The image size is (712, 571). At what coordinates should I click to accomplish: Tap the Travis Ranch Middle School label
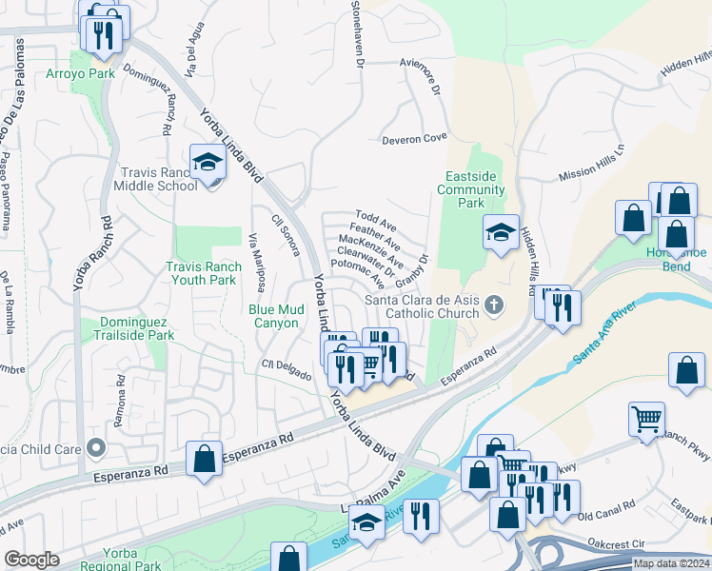(159, 179)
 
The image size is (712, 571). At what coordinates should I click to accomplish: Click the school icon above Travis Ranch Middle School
(206, 163)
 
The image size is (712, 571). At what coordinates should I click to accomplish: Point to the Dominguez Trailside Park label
(134, 329)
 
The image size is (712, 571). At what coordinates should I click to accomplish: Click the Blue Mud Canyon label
(275, 316)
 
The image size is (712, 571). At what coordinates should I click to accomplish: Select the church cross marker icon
(492, 305)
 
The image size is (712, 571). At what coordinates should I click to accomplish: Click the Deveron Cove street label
(414, 139)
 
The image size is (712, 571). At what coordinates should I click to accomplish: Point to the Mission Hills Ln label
(591, 163)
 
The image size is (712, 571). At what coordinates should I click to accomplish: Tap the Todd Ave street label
(375, 219)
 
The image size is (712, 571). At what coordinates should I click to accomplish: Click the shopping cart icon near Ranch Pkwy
(646, 418)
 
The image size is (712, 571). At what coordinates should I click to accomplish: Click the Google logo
(32, 560)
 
